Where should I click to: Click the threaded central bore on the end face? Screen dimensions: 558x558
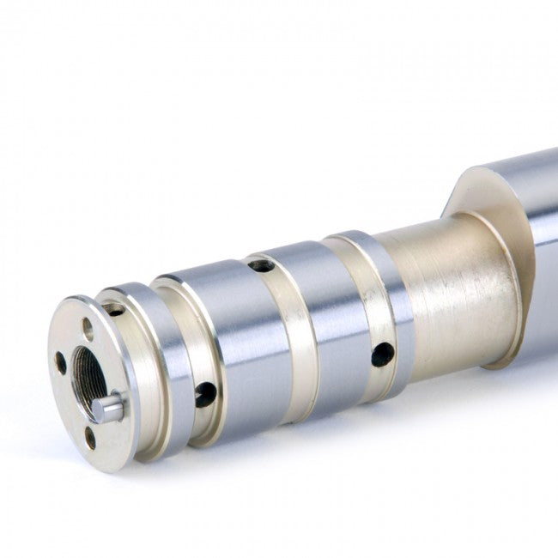coord(89,378)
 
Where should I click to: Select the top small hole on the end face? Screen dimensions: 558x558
coord(88,328)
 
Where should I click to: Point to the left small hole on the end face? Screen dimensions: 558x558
coord(61,362)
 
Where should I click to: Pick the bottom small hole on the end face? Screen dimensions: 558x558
coord(89,437)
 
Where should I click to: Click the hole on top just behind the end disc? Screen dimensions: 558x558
coord(113,308)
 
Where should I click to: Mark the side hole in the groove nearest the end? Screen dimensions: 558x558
coord(205,394)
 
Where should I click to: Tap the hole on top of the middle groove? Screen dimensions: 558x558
coord(261,265)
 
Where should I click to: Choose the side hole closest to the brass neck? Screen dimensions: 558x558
coord(382,354)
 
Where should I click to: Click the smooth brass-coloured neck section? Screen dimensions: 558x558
coord(455,292)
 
